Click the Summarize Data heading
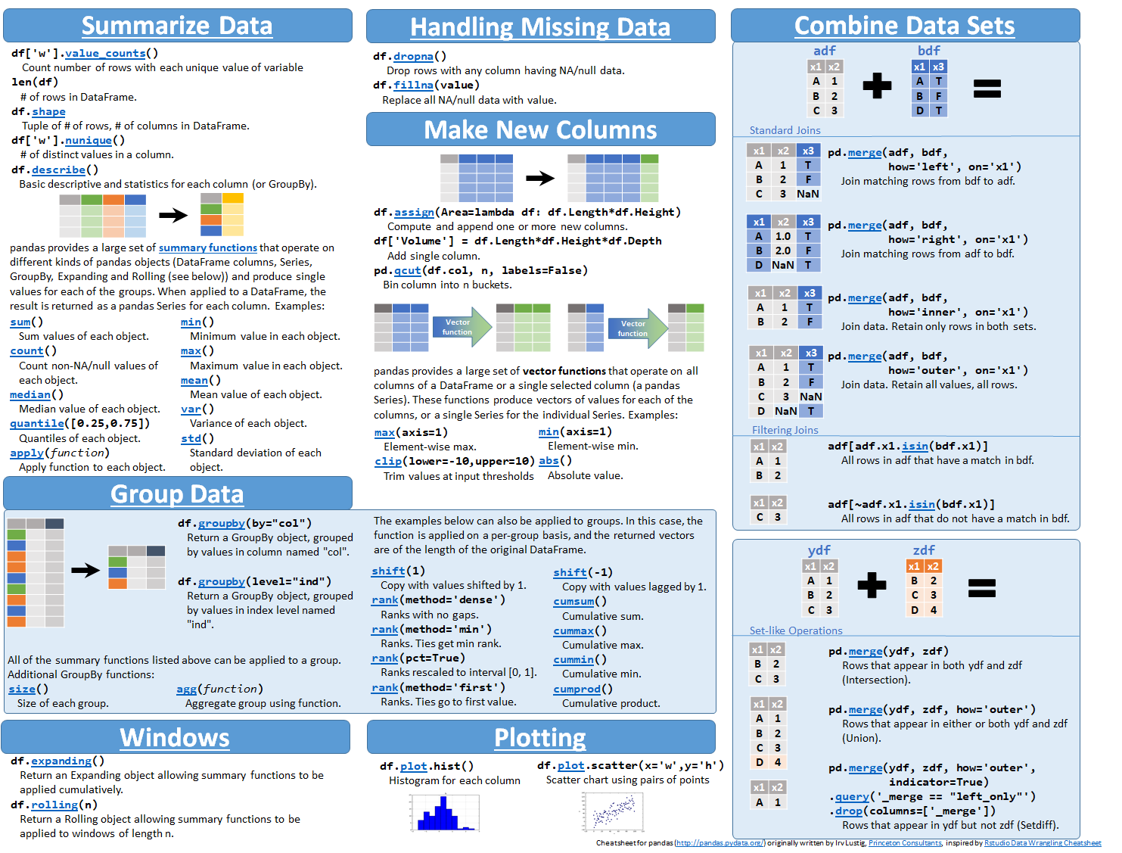pos(177,26)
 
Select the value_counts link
pos(105,54)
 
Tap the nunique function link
pos(88,141)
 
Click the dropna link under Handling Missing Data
pos(413,57)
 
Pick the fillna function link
pos(413,86)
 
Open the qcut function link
pos(407,271)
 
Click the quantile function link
pos(37,424)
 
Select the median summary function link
pos(30,395)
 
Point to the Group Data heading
pos(177,494)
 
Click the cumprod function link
pos(577,690)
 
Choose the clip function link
pos(388,462)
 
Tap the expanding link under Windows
pos(61,761)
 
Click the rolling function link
pos(54,805)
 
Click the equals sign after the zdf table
pos(981,588)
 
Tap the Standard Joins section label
pos(785,130)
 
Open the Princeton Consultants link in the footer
pos(905,843)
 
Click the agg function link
pos(186,690)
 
